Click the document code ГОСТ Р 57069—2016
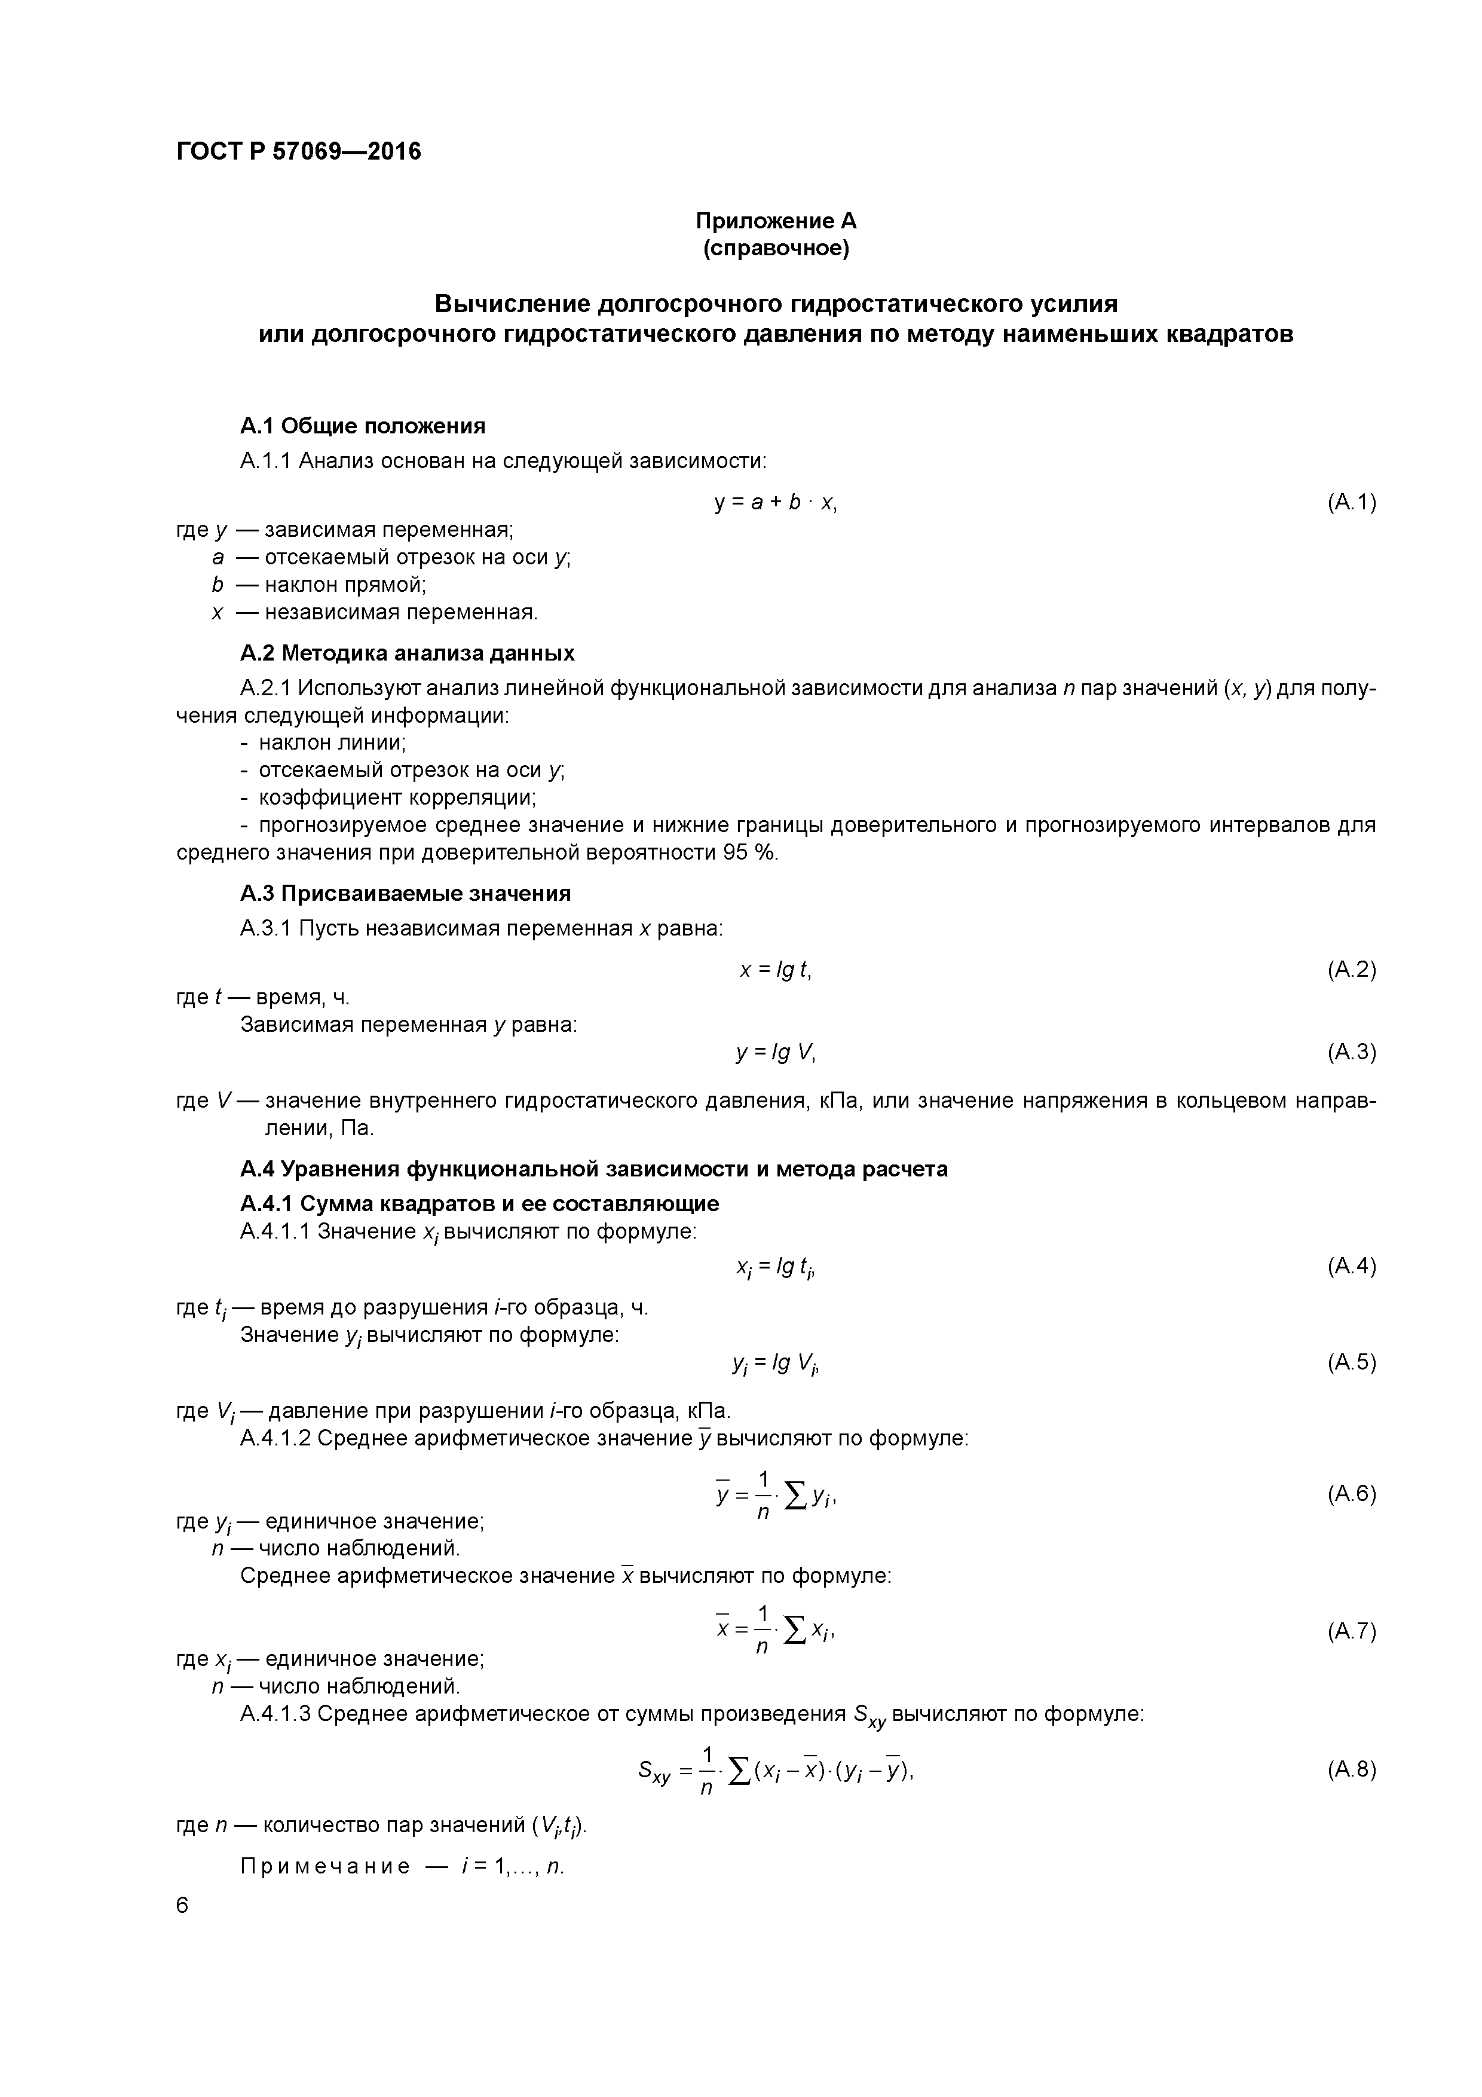[299, 152]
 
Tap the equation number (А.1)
[1351, 502]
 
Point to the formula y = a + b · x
[775, 502]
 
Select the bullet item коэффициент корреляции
[396, 797]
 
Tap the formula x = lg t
[775, 970]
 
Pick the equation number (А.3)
[1351, 1052]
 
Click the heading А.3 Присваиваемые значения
[405, 893]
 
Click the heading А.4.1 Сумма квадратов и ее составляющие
[479, 1204]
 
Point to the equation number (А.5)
[1351, 1363]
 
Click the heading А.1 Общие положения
[363, 426]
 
